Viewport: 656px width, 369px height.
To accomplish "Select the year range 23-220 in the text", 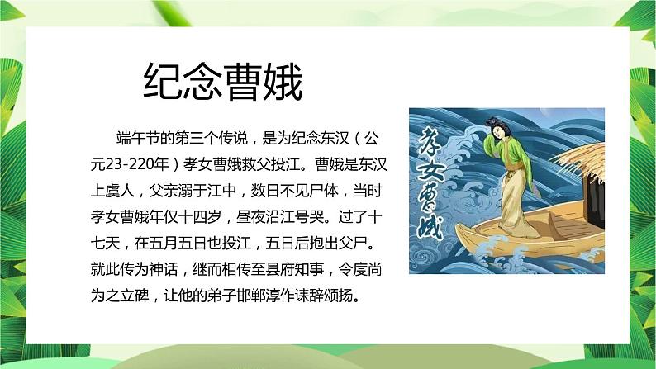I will tap(140, 160).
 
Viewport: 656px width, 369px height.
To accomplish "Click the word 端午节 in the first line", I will tap(136, 135).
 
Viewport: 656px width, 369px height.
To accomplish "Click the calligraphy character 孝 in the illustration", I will tap(434, 141).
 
